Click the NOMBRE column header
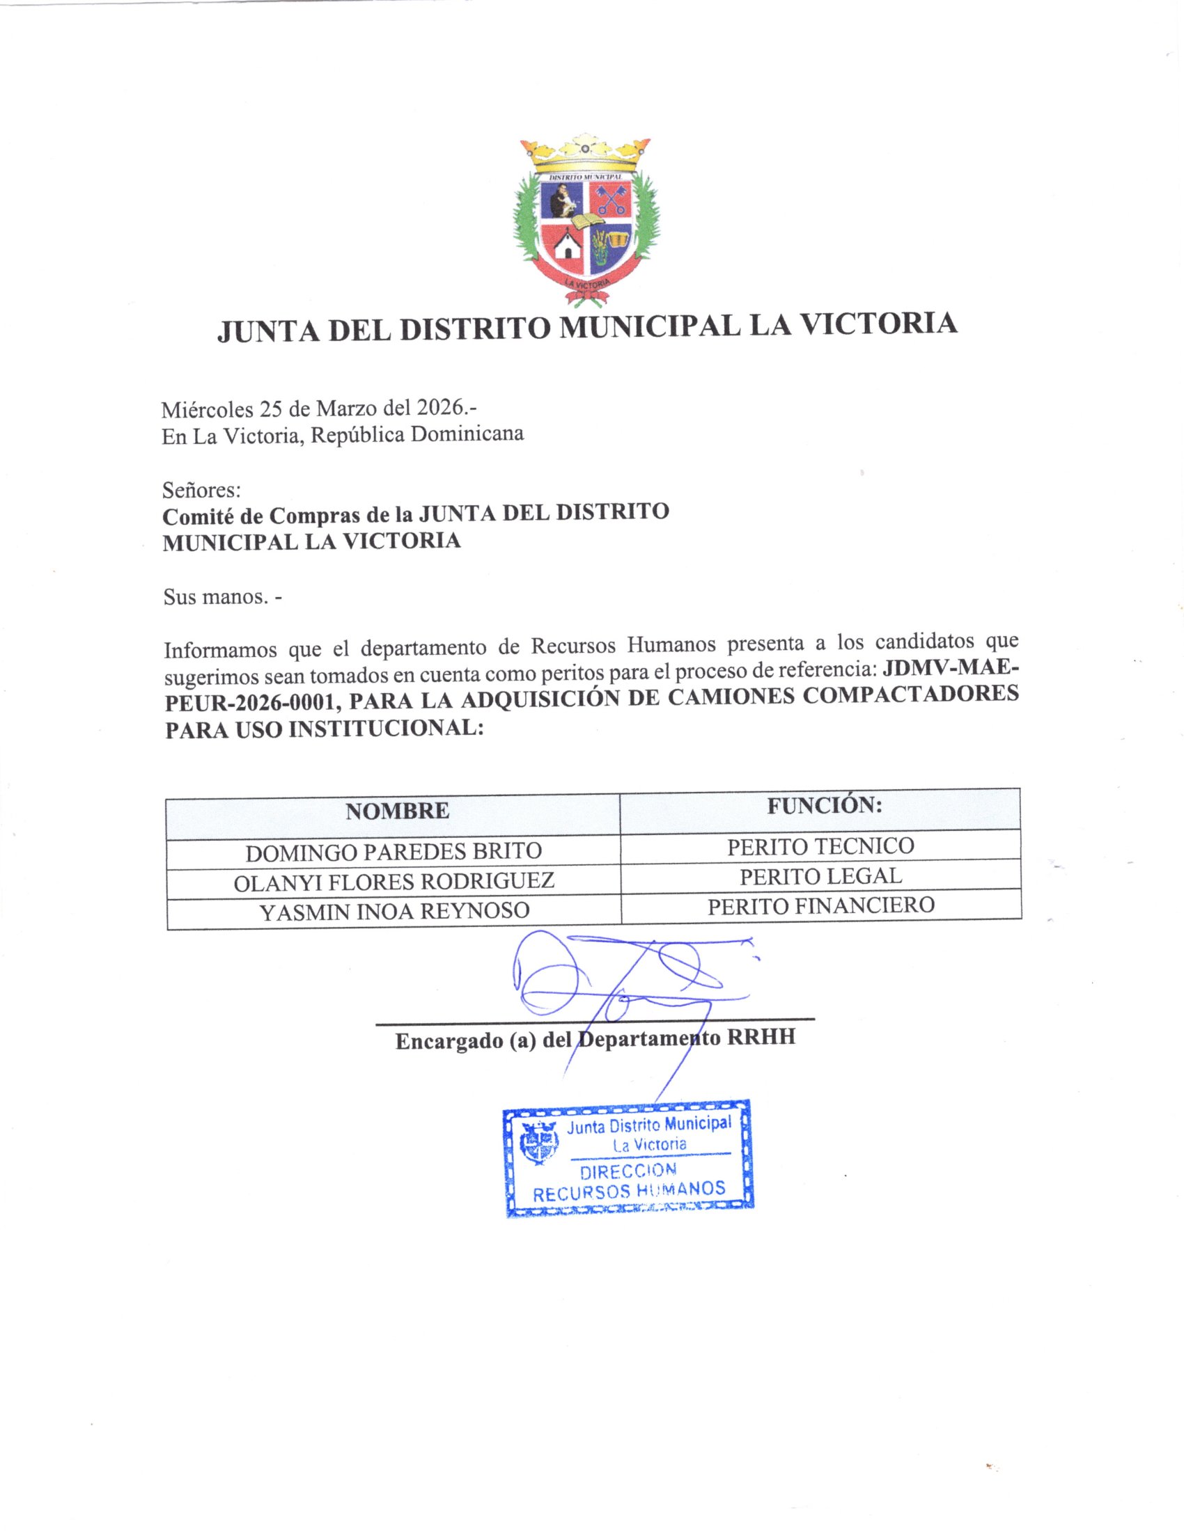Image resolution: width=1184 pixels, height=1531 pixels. [397, 811]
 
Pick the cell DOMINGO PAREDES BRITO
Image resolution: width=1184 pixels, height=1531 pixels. [394, 852]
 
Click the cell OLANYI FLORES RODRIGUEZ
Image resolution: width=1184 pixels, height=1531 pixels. [394, 881]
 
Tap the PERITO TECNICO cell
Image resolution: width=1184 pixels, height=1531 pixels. [820, 846]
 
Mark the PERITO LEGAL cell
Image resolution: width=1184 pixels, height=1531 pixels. [820, 875]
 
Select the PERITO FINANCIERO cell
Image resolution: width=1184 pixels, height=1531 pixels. [820, 905]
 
